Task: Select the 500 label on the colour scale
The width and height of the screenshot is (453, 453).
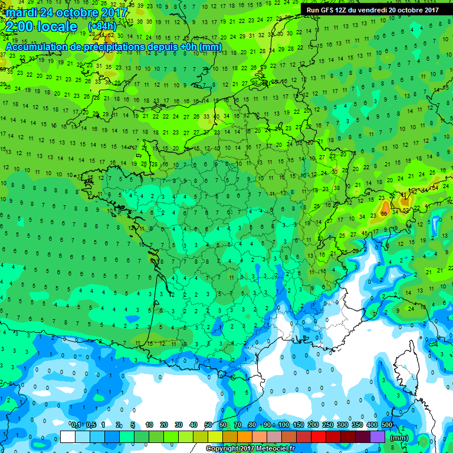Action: coord(387,425)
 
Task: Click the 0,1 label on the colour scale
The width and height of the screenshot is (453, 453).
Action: coord(75,425)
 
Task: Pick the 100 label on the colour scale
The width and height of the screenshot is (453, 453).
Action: coord(284,425)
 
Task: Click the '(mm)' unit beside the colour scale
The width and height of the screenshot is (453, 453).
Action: coord(399,438)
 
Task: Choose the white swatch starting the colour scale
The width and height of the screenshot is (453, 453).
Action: coord(68,437)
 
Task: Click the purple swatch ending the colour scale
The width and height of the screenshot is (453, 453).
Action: coord(377,437)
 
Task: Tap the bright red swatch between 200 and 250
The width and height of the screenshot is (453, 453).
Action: coord(319,437)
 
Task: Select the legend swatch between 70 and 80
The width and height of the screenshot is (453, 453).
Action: coord(245,437)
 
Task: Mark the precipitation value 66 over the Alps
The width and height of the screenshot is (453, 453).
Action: coord(384,213)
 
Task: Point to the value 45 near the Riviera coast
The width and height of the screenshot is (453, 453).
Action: coord(364,233)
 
